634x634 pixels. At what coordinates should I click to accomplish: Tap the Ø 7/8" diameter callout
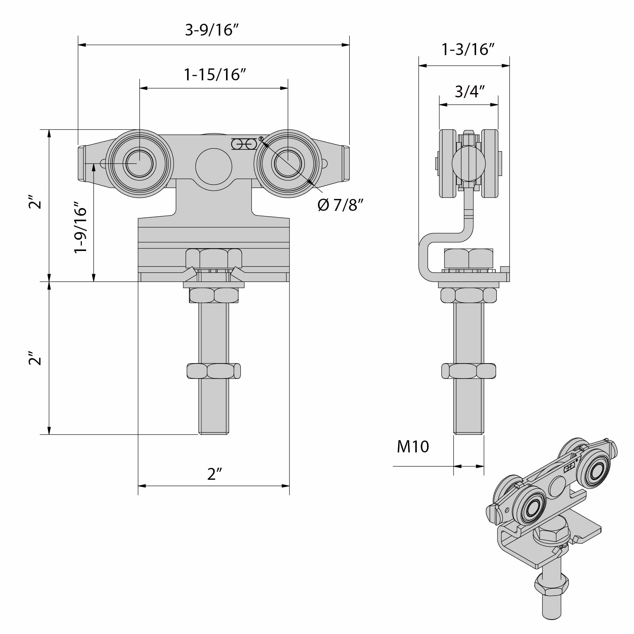(x=341, y=205)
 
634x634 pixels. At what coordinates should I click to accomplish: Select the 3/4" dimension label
(x=469, y=92)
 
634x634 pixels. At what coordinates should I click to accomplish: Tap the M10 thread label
(x=413, y=447)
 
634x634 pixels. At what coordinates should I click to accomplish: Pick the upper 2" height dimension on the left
(x=35, y=202)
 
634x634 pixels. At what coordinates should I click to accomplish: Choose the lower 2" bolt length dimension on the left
(x=35, y=358)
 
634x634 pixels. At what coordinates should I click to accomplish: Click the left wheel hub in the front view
(x=139, y=163)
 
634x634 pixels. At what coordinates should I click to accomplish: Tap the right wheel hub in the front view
(x=288, y=163)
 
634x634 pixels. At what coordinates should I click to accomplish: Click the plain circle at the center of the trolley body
(x=214, y=166)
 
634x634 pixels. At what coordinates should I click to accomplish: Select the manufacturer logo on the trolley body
(x=245, y=144)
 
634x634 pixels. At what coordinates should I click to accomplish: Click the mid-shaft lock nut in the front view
(x=214, y=371)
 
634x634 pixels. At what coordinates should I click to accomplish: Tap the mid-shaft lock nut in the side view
(x=468, y=371)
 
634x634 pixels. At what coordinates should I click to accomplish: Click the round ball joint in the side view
(x=468, y=163)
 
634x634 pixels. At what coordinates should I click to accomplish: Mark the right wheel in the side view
(x=489, y=163)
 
